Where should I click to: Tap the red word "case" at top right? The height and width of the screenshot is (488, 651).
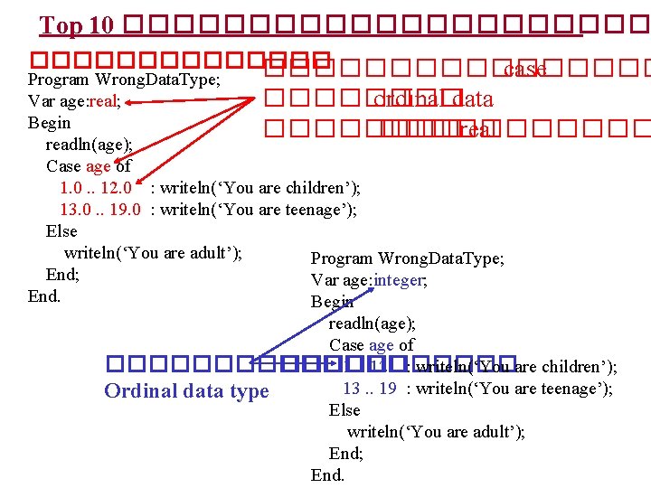(x=524, y=70)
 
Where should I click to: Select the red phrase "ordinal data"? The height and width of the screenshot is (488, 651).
(x=433, y=99)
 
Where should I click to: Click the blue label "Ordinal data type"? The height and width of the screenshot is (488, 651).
(x=186, y=391)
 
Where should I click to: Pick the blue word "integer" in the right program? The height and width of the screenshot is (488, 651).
(x=397, y=280)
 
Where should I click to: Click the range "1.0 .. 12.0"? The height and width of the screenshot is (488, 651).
(x=96, y=188)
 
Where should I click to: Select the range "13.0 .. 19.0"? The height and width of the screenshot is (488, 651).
(x=99, y=210)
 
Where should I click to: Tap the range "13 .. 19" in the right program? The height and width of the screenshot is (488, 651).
(x=370, y=389)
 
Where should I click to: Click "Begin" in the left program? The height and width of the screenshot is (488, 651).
(x=50, y=123)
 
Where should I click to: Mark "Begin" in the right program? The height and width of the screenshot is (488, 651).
(x=333, y=302)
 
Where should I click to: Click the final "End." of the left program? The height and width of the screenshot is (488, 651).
(x=45, y=296)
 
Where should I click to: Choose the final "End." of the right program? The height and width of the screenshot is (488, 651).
(x=327, y=475)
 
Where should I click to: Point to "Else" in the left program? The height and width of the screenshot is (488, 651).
(x=61, y=231)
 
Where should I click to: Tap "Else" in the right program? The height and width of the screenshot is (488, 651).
(x=344, y=410)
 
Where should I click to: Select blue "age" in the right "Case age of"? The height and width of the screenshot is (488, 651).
(x=382, y=345)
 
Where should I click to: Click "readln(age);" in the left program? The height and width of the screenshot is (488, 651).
(x=90, y=145)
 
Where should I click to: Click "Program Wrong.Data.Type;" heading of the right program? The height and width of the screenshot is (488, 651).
(x=408, y=258)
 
